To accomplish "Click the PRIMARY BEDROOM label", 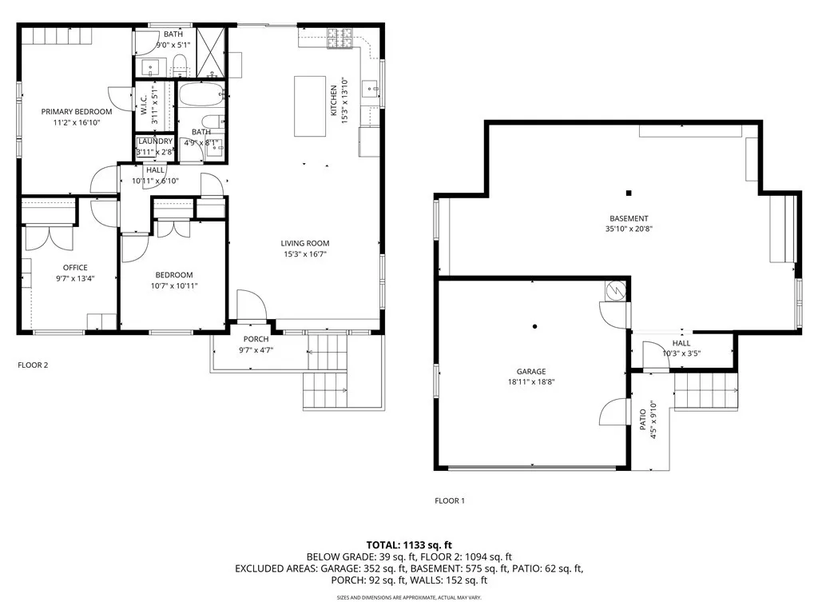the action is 77,111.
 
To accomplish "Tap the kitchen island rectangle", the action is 310,106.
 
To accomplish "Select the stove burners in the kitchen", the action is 340,38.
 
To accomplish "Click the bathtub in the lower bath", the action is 201,95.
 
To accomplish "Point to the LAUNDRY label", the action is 156,142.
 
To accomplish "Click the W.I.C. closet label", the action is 144,105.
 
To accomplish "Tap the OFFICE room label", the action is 75,267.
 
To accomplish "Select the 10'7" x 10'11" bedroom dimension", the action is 174,285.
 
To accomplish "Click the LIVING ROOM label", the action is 305,243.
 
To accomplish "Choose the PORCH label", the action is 256,339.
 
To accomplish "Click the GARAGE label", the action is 531,371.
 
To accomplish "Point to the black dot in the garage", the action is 534,327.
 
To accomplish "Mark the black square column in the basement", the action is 629,193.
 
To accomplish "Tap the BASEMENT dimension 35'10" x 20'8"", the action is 629,229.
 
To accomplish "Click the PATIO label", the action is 643,420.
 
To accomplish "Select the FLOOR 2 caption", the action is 33,365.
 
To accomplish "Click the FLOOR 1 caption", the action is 450,500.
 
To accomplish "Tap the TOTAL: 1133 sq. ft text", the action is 409,545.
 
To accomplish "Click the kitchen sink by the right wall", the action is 370,89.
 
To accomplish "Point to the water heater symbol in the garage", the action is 616,290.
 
